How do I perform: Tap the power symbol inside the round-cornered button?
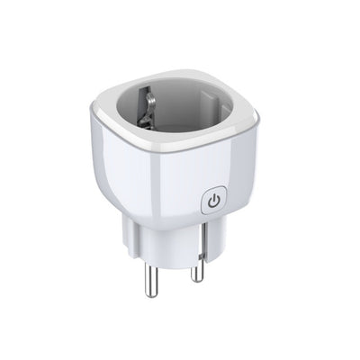click(213, 201)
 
